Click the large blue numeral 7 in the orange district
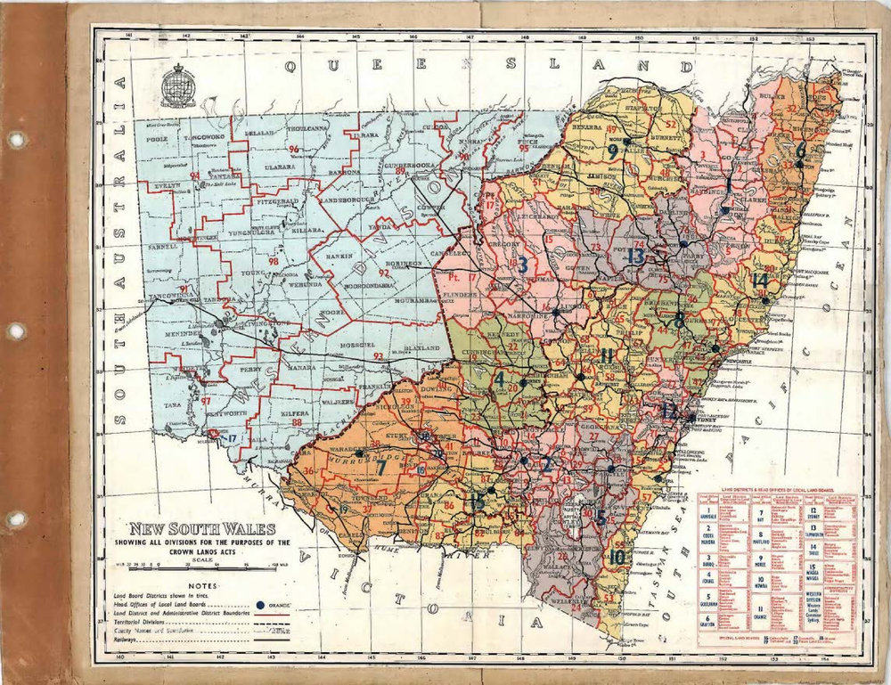(380, 464)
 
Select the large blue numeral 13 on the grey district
(634, 257)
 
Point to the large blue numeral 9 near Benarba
(612, 151)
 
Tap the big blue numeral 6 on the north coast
(801, 151)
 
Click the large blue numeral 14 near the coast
(759, 280)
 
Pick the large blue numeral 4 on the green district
(500, 378)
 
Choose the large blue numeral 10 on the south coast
(617, 559)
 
